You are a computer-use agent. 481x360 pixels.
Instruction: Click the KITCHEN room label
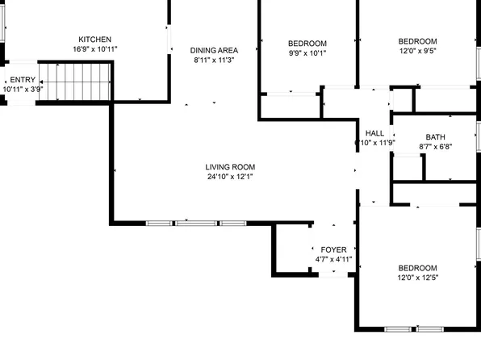94,40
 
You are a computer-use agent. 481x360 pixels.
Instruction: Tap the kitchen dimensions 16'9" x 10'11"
94,50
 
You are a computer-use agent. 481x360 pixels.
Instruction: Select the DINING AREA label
214,49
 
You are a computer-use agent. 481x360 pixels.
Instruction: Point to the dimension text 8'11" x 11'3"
214,60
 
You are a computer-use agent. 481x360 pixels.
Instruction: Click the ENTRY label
23,79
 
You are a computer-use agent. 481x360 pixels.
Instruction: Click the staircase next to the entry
76,82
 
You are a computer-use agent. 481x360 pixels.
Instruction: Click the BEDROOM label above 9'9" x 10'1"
307,44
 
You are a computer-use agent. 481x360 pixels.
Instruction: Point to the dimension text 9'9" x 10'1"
307,54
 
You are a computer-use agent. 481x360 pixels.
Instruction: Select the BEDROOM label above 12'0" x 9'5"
418,42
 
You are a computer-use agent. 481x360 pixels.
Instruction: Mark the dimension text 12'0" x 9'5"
418,52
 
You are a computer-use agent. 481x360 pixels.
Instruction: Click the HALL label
375,133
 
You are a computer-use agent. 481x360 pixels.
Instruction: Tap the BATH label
425,137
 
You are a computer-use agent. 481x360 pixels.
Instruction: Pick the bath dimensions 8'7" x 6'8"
425,147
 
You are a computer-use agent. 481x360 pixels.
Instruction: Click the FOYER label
333,249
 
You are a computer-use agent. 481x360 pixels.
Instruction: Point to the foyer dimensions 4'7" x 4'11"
333,259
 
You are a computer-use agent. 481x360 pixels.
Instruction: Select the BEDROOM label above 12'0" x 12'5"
418,268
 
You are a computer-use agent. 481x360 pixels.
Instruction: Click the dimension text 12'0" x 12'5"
418,278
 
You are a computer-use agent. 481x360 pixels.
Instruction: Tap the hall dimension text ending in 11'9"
375,143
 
